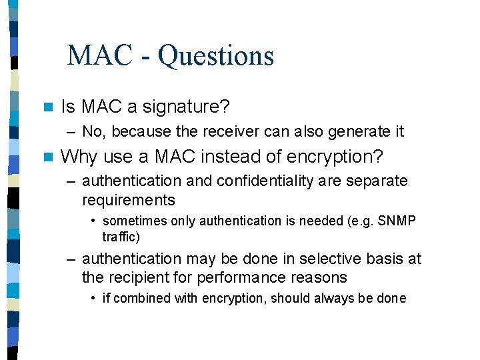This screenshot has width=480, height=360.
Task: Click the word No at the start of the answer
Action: tap(93, 132)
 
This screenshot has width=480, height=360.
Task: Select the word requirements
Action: tap(128, 201)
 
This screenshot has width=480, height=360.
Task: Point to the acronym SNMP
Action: tap(397, 221)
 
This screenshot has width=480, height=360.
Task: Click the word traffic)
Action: tap(121, 237)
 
